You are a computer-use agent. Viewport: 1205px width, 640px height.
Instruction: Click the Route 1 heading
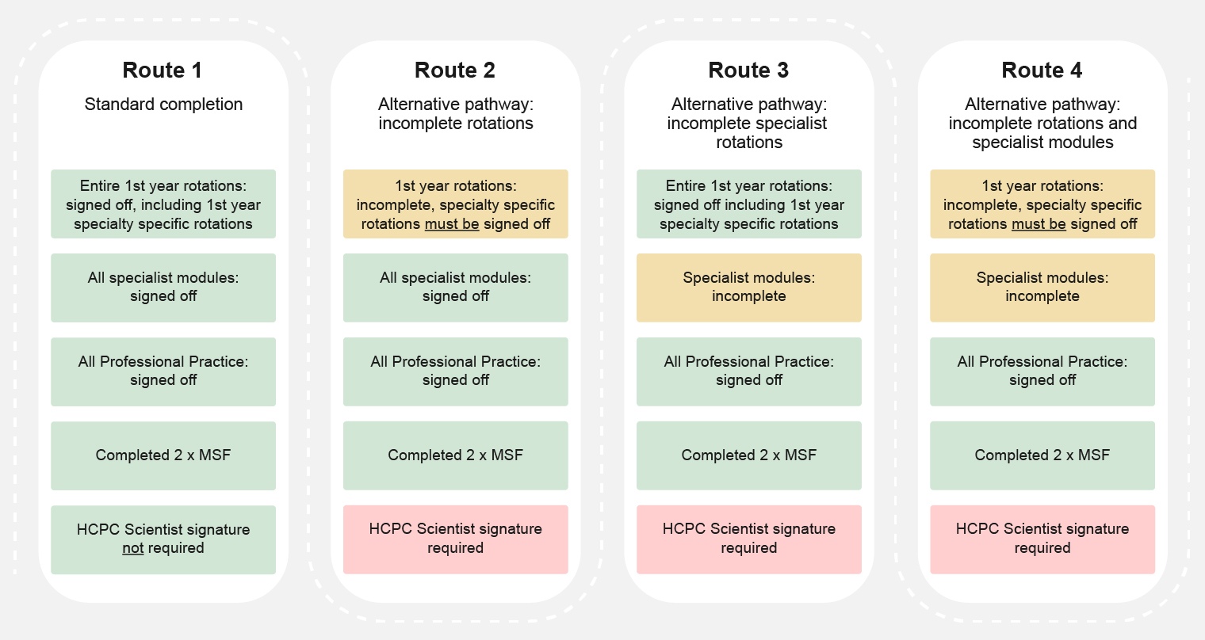pyautogui.click(x=163, y=70)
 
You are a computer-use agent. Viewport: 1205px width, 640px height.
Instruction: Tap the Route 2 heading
pyautogui.click(x=454, y=70)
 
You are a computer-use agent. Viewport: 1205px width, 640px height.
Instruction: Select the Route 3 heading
pyautogui.click(x=748, y=70)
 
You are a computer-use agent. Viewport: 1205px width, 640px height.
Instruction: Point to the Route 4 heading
pyautogui.click(x=1042, y=70)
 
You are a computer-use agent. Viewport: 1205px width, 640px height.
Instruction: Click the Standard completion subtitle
pyautogui.click(x=163, y=105)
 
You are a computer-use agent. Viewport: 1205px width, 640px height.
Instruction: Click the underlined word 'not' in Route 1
pyautogui.click(x=133, y=548)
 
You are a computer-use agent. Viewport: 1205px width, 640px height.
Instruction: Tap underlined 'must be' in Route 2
pyautogui.click(x=452, y=224)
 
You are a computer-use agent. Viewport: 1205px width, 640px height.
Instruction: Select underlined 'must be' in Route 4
pyautogui.click(x=1039, y=224)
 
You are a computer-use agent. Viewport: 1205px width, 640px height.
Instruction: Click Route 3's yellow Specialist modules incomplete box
pyautogui.click(x=749, y=288)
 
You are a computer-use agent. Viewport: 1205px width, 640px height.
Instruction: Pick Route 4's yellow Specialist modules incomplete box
pyautogui.click(x=1042, y=288)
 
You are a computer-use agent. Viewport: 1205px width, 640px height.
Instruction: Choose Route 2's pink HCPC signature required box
pyautogui.click(x=456, y=539)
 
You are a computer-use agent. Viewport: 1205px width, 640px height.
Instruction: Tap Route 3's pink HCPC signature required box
pyautogui.click(x=749, y=539)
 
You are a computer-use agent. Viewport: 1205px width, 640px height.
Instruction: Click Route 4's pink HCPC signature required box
pyautogui.click(x=1042, y=539)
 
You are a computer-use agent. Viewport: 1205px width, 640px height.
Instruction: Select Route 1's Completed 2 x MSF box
pyautogui.click(x=163, y=455)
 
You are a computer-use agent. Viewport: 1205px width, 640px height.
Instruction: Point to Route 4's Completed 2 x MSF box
pyautogui.click(x=1042, y=455)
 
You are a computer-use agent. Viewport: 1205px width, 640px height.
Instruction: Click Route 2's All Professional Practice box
pyautogui.click(x=456, y=371)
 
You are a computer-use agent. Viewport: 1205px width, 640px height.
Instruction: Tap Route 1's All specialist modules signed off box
pyautogui.click(x=163, y=288)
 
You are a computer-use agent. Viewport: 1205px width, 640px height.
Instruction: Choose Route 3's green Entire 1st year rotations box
pyautogui.click(x=749, y=204)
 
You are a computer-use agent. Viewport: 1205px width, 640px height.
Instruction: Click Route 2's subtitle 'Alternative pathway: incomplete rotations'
pyautogui.click(x=456, y=114)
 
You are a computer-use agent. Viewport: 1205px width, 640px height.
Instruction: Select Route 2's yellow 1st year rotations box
pyautogui.click(x=456, y=204)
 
